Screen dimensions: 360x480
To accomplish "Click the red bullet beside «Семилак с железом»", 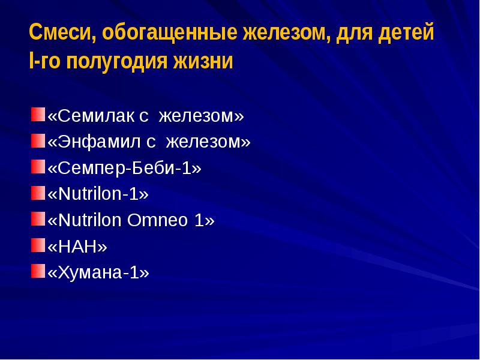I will point(38,114).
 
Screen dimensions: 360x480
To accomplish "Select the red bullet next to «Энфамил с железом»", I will point(38,140).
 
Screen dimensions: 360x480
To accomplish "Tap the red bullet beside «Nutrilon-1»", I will point(38,193).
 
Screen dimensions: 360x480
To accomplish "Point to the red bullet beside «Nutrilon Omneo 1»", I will point(38,218).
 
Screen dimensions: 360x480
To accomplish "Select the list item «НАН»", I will point(77,247).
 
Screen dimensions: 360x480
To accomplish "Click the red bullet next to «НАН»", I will point(38,244).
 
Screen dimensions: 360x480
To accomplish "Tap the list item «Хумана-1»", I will point(98,272).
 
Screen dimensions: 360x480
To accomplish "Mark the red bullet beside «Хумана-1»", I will point(38,271).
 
